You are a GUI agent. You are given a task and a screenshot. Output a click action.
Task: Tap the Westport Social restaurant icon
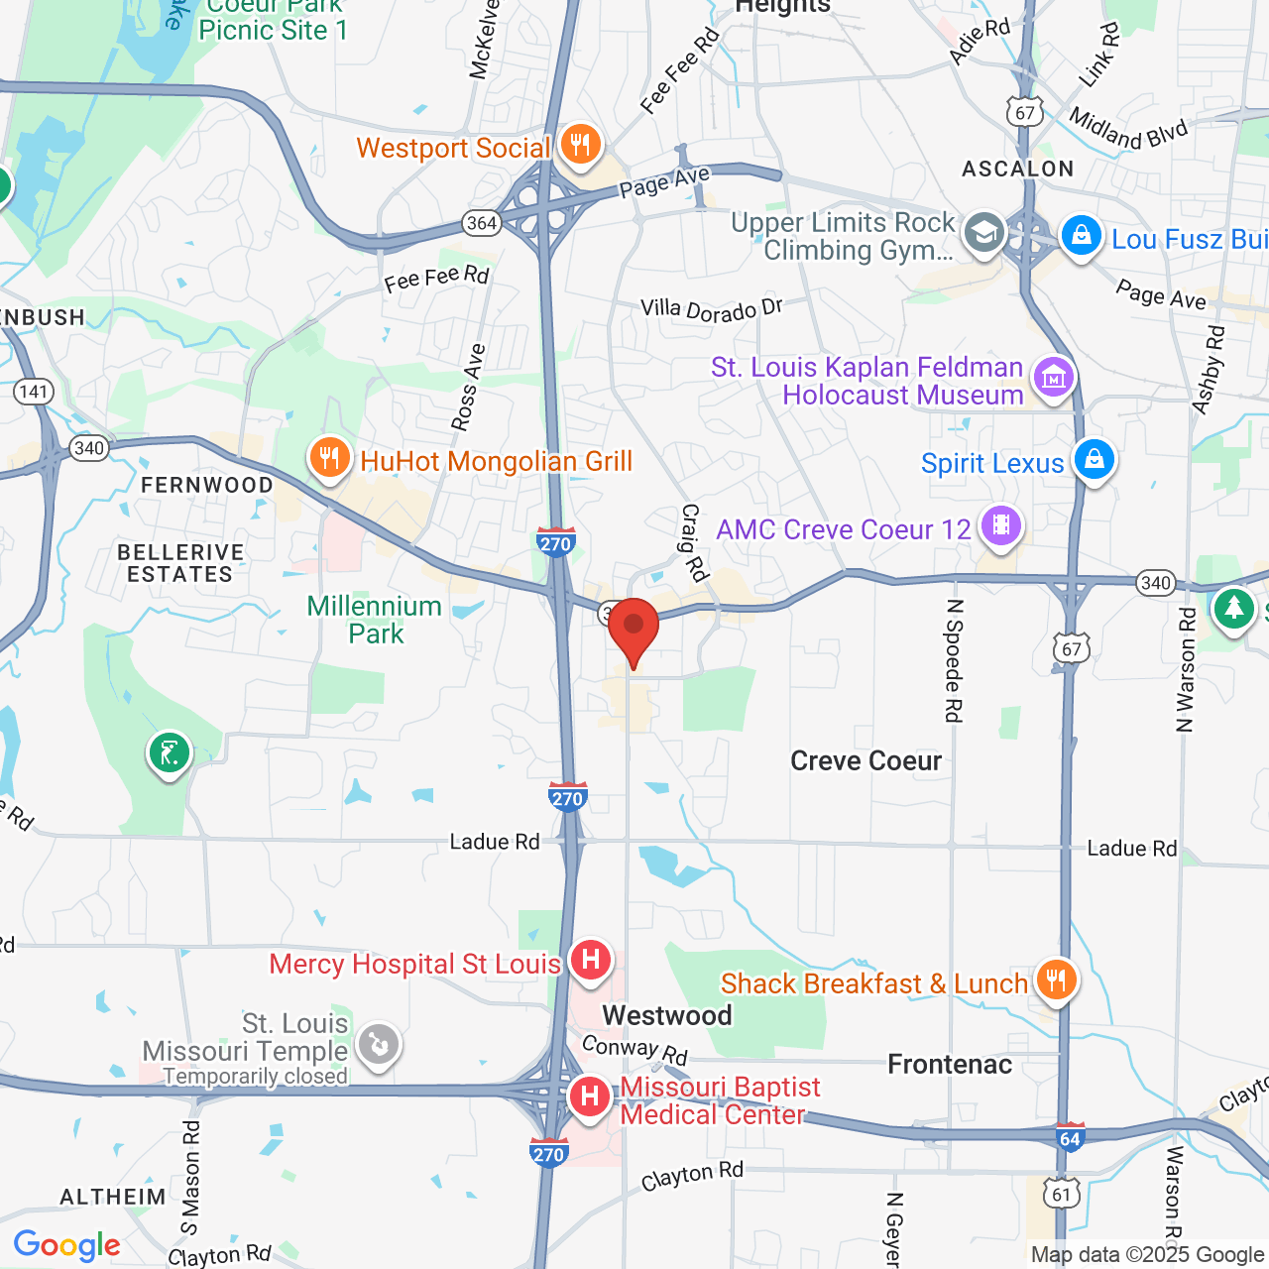pos(580,145)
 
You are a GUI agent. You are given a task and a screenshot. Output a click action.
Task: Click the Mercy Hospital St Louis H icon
pos(591,961)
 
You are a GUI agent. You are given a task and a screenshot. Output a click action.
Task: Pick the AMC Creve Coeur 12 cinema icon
pos(1001,525)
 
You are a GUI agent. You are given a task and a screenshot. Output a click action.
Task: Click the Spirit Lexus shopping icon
pos(1095,460)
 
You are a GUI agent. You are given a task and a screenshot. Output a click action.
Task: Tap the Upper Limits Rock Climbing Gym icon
pos(983,234)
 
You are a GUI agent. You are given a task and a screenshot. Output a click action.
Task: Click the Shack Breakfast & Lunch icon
pos(1056,981)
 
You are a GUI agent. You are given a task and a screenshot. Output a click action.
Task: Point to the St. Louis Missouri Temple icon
pos(378,1045)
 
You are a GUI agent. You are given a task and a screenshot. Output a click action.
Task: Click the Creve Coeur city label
pos(865,760)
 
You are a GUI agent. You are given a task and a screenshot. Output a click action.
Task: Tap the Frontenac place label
pos(950,1064)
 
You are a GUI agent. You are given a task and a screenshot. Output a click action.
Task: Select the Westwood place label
pos(667,1015)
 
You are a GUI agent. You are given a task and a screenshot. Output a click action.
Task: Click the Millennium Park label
pos(375,620)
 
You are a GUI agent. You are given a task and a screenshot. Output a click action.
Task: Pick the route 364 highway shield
pos(482,223)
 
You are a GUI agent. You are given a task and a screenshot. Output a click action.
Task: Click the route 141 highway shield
pos(34,391)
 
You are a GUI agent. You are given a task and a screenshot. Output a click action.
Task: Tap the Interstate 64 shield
pos(1070,1138)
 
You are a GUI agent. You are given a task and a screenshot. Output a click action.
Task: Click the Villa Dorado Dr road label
pos(712,310)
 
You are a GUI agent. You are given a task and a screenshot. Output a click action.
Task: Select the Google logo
pos(67,1245)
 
